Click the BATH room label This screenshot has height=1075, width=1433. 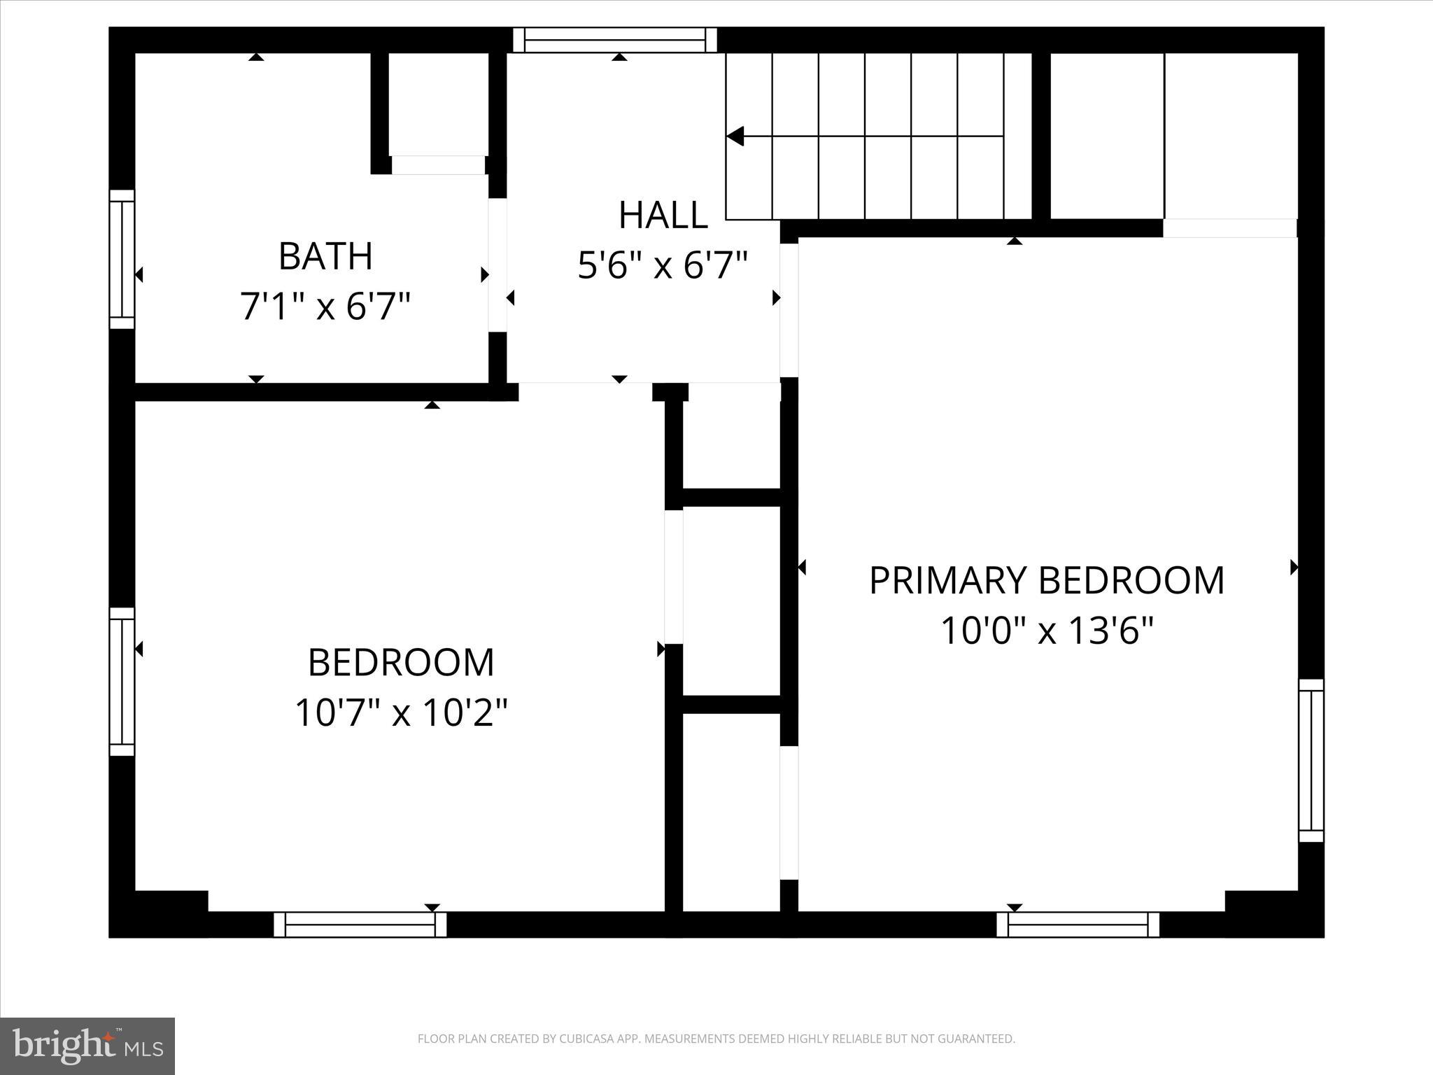point(325,256)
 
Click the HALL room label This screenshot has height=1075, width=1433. point(663,215)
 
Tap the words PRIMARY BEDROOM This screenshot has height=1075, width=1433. point(1046,580)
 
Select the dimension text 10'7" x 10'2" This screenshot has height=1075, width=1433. point(400,713)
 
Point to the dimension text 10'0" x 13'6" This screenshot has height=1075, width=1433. point(1046,631)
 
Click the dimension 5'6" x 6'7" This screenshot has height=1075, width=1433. point(663,265)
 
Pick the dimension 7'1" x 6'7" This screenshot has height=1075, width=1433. point(325,307)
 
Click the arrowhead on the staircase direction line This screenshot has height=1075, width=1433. point(735,136)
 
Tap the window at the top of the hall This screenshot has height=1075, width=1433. point(615,40)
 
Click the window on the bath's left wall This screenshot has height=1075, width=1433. point(122,259)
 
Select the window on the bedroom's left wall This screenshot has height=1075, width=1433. point(122,682)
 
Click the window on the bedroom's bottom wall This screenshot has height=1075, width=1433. point(360,925)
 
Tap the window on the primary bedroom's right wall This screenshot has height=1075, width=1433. point(1311,760)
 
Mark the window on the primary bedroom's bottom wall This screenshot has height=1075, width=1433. point(1078,925)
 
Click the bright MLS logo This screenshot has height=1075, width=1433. point(87,1046)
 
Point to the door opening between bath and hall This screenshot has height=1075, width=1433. point(497,265)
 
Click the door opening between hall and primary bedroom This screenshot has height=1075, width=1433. point(789,310)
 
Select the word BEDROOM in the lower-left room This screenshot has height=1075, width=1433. point(400,663)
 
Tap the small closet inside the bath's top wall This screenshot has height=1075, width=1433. point(439,105)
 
